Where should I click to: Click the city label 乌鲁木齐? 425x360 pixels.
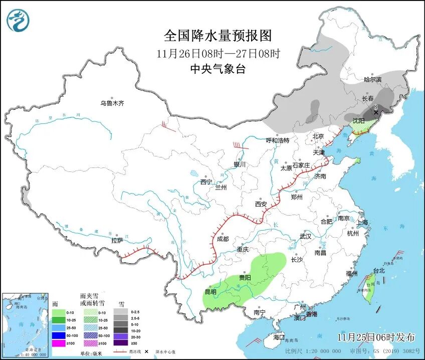click(x=111, y=103)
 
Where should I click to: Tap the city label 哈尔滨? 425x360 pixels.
click(x=372, y=79)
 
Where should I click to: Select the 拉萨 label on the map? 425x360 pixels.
click(x=117, y=241)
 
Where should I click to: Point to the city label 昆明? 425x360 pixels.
click(x=210, y=292)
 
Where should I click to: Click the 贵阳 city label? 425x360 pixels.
click(x=245, y=277)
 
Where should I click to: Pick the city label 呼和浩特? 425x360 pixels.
click(x=277, y=140)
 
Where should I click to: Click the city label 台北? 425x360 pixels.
click(x=378, y=271)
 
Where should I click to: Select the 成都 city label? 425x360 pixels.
click(x=223, y=239)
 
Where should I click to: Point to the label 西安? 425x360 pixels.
click(x=261, y=204)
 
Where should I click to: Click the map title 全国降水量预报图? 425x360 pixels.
click(x=218, y=36)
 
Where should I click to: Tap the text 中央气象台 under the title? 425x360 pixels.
click(x=218, y=70)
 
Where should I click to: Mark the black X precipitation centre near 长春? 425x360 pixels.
click(x=376, y=113)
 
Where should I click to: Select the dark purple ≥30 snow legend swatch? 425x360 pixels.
click(x=120, y=343)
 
